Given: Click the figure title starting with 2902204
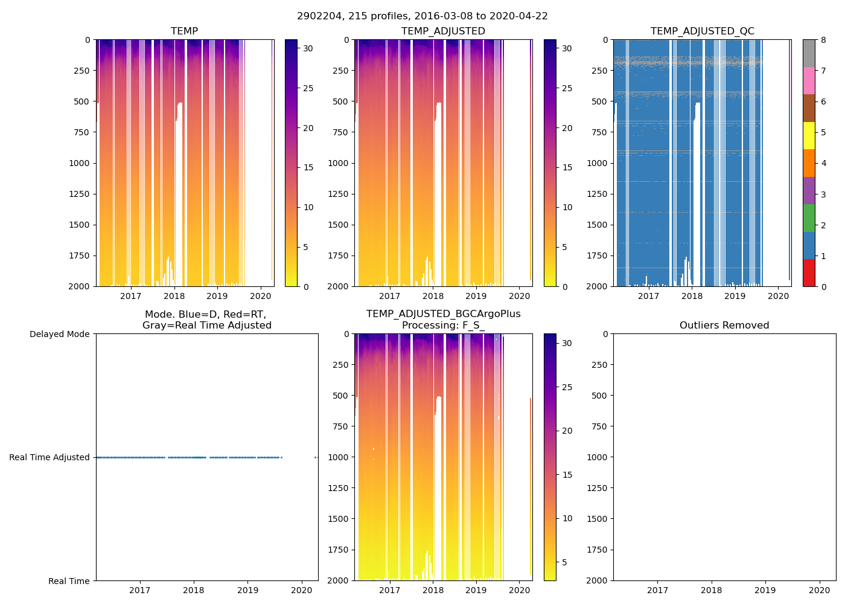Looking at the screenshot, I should pos(422,16).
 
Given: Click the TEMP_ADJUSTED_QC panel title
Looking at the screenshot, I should pos(702,31).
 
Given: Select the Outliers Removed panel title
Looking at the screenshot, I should pos(724,326).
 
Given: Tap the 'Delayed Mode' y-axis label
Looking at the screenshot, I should pos(59,335).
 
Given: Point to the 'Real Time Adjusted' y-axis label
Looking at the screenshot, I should pos(49,458).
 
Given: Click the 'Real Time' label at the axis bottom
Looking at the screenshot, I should pos(69,581).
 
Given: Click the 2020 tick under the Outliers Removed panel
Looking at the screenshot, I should pos(819,590).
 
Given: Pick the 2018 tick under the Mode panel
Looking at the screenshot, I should pos(194,590).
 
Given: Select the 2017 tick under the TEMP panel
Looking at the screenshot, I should pos(130,296).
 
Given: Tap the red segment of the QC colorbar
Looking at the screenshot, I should pos(809,273).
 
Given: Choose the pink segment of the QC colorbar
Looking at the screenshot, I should pos(809,81).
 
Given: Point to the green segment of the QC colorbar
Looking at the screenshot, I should pos(809,218).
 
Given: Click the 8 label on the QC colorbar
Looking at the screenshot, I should pos(823,40).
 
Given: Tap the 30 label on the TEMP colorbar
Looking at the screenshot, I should pos(308,48).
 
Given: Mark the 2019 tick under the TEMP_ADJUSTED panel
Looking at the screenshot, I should pos(476,296).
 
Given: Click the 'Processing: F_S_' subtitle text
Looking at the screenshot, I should pos(443,326).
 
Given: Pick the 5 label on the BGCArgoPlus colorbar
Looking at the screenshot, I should pos(567,563).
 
